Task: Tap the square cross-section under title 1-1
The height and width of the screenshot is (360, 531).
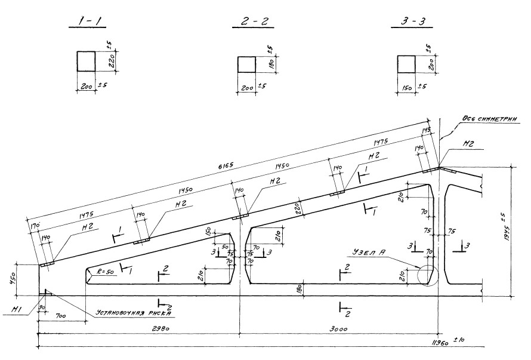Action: (86, 61)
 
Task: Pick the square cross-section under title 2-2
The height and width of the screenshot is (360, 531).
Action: (246, 64)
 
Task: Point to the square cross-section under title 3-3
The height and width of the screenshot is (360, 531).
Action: (406, 64)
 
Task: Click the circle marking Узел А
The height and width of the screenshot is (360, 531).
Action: (428, 276)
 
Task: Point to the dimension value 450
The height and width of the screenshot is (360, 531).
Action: (19, 279)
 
